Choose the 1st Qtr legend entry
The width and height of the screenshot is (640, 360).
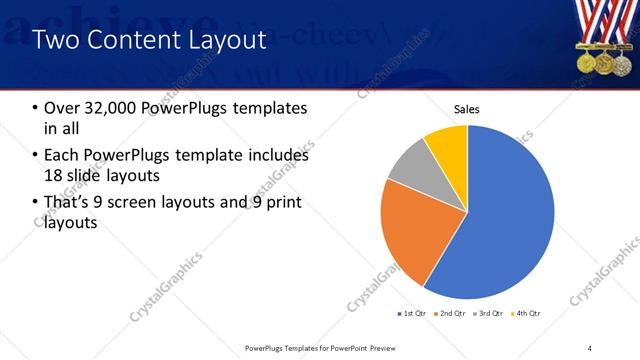[412, 314]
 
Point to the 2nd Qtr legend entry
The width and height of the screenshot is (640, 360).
[452, 314]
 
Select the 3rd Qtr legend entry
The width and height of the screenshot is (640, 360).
[491, 314]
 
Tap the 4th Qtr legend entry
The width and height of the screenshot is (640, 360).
[528, 314]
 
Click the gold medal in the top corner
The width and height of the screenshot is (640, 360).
[585, 62]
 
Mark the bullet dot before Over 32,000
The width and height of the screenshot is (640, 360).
[37, 108]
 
